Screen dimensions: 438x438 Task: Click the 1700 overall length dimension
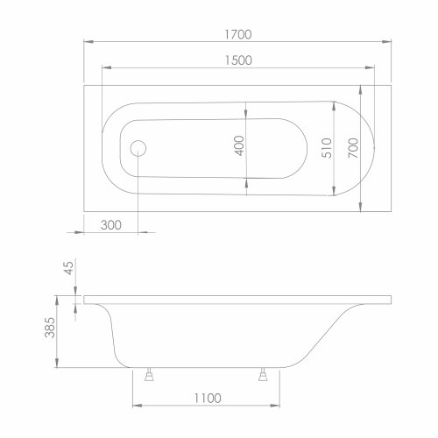[237, 34]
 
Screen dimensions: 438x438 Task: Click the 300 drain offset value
[111, 224]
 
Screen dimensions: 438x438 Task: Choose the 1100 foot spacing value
[202, 398]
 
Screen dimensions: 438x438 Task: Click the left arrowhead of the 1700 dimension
[87, 42]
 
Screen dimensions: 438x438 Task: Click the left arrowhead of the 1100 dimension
[136, 406]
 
